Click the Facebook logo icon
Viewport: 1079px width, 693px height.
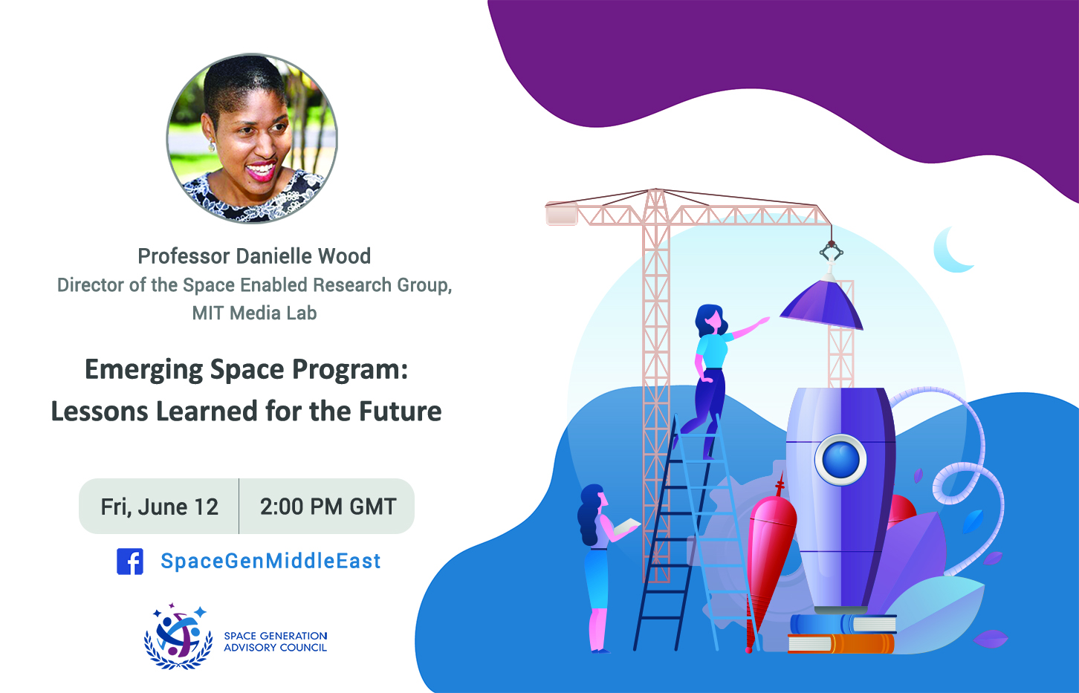(130, 562)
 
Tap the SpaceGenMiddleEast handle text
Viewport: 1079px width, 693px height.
(270, 561)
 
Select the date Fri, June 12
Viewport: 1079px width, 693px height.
(160, 507)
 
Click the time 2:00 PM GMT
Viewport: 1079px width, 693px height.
(328, 507)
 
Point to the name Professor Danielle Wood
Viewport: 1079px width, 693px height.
(254, 256)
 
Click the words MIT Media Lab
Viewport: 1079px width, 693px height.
(254, 313)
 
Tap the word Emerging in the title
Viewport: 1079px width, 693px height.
(144, 371)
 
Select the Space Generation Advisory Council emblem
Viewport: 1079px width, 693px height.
(178, 636)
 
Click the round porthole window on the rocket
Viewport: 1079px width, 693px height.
(840, 459)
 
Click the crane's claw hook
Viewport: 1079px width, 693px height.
(832, 251)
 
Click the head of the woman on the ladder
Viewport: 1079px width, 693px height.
(710, 319)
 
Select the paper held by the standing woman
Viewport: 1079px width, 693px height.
(626, 526)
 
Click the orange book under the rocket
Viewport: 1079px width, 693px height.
(840, 643)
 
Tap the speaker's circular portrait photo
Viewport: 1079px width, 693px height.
(252, 138)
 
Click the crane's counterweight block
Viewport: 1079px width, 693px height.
(562, 214)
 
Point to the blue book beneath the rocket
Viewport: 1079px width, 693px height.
(843, 624)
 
